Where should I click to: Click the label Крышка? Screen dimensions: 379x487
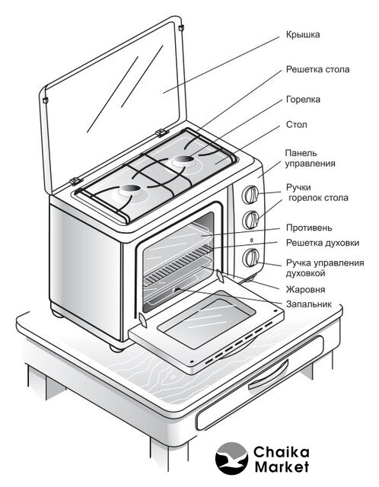[x=303, y=34]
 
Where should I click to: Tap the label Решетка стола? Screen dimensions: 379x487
[x=317, y=69]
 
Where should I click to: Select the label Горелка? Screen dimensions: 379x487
[x=303, y=100]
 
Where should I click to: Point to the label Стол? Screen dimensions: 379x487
[x=296, y=125]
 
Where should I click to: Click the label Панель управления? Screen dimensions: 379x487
[x=310, y=158]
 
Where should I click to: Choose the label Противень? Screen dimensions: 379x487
[x=309, y=228]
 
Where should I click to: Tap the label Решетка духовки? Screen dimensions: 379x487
[x=323, y=243]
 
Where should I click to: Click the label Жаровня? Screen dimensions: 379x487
[x=305, y=289]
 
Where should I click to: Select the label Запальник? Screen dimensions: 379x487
[x=308, y=304]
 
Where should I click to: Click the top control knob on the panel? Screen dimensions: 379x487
[x=250, y=195]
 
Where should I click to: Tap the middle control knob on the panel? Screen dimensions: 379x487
[x=250, y=220]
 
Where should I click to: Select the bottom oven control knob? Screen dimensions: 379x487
[x=250, y=257]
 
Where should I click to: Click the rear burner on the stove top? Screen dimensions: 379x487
[x=183, y=161]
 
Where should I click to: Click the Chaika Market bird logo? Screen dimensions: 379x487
[x=231, y=458]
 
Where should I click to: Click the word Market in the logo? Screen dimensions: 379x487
[x=282, y=466]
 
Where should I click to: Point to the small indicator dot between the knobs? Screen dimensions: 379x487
[x=251, y=240]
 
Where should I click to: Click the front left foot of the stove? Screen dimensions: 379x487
[x=116, y=348]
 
